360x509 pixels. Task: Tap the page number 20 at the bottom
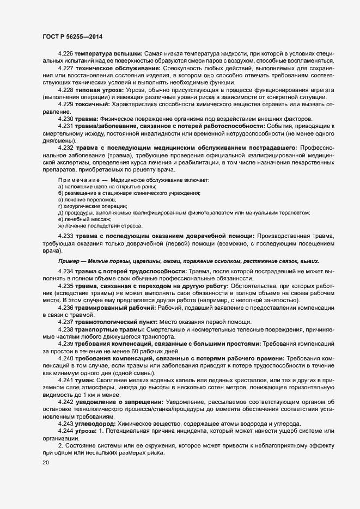pos(46,462)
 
